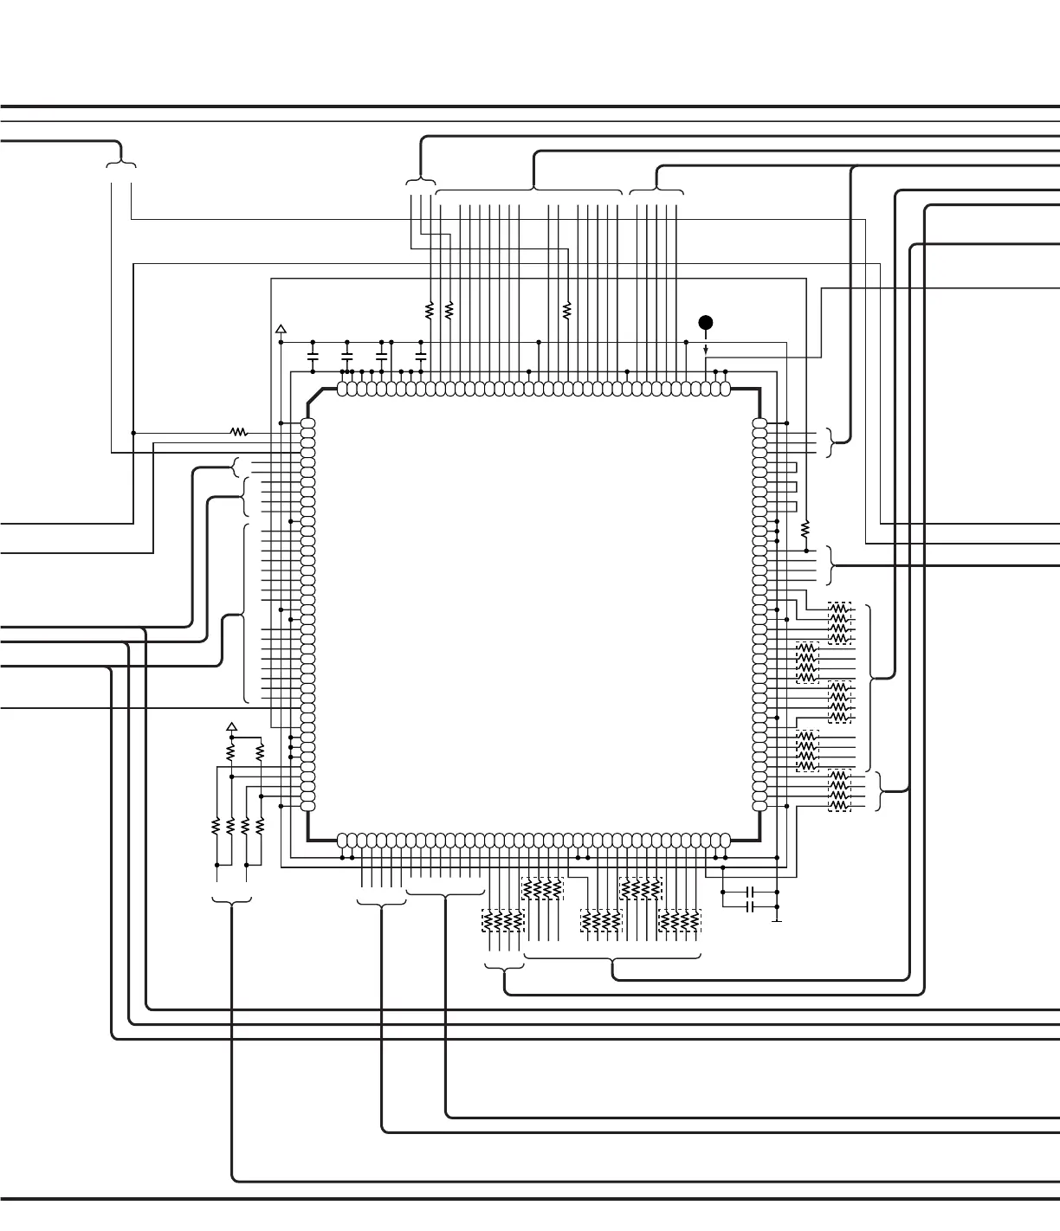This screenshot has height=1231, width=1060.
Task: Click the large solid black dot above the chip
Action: click(x=706, y=323)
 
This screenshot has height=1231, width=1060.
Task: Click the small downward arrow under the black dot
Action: click(x=706, y=349)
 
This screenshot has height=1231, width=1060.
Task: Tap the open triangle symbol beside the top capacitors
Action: click(x=281, y=330)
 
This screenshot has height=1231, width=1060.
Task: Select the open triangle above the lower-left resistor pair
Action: click(x=231, y=726)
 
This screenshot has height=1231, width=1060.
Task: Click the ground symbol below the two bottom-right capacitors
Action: click(x=777, y=920)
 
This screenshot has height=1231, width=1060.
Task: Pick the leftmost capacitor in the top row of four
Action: click(x=313, y=356)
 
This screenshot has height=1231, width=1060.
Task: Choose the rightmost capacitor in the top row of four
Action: click(x=421, y=356)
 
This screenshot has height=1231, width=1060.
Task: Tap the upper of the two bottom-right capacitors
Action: click(x=751, y=892)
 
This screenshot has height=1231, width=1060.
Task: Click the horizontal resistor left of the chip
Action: click(x=238, y=432)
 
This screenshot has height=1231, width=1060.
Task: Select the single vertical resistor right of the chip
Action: click(x=805, y=527)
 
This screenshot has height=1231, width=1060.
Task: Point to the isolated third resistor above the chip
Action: click(x=566, y=309)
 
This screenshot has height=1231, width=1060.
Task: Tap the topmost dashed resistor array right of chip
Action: click(x=839, y=623)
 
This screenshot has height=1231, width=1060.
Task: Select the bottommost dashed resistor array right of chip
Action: click(x=839, y=790)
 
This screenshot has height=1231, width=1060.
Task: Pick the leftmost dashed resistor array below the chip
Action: click(x=502, y=922)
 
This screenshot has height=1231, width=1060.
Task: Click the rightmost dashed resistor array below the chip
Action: click(x=679, y=922)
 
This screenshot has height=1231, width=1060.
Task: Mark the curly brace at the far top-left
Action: click(x=121, y=163)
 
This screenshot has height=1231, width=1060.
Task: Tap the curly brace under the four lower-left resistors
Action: click(x=232, y=902)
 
